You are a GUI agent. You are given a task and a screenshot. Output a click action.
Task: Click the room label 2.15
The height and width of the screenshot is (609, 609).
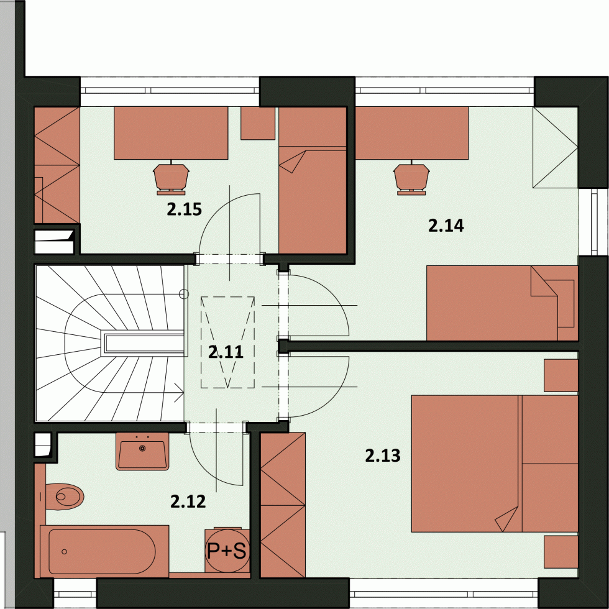(x=185, y=209)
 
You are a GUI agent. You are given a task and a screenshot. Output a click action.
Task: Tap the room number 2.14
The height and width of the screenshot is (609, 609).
(x=446, y=226)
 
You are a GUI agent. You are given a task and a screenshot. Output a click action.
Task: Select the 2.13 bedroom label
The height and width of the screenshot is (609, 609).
(x=383, y=456)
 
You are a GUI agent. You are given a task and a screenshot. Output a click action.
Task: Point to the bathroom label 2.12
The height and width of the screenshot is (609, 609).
(x=188, y=501)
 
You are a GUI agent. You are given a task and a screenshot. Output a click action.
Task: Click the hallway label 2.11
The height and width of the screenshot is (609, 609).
(x=226, y=352)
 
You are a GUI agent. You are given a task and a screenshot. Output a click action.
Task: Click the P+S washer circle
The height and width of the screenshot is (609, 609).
(x=227, y=551)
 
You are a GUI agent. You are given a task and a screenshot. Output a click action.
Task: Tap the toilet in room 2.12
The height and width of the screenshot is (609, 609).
(x=64, y=497)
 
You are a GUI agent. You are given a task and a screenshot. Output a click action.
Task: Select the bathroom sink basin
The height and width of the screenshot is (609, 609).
(x=142, y=451)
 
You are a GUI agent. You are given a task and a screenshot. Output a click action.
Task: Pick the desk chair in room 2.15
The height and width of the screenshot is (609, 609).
(x=171, y=179)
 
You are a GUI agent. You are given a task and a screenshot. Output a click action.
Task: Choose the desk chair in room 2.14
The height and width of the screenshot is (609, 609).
(x=411, y=179)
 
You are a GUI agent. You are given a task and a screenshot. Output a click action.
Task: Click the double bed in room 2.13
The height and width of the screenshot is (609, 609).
(x=495, y=464)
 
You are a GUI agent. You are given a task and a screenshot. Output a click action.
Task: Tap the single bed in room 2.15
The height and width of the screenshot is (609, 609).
(x=313, y=181)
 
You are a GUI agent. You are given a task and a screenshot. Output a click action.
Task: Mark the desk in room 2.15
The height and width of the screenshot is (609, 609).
(x=171, y=133)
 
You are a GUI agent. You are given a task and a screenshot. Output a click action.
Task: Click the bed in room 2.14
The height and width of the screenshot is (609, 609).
(x=502, y=303)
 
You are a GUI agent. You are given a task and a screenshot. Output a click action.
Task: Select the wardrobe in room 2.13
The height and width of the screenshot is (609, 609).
(x=283, y=505)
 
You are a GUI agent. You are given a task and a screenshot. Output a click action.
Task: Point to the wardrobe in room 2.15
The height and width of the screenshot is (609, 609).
(x=57, y=165)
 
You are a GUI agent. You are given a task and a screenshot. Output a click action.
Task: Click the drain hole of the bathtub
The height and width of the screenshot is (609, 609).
(x=65, y=552)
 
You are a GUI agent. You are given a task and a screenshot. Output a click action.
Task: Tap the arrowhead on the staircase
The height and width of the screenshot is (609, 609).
(x=180, y=393)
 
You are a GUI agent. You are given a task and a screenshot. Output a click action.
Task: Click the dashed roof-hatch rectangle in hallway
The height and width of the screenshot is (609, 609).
(x=227, y=342)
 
